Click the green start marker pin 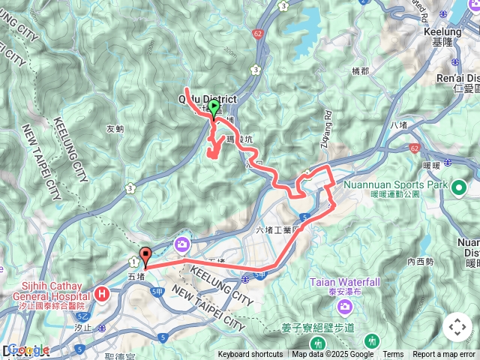tap(214, 109)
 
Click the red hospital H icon tap(101, 295)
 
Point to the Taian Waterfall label tap(344, 282)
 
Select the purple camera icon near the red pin tap(182, 244)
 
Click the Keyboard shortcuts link tap(250, 355)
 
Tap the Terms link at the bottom tap(393, 355)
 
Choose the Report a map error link tap(444, 355)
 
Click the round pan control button tap(457, 326)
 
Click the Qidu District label tap(206, 99)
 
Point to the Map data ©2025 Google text tap(332, 355)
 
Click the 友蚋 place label tap(115, 128)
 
